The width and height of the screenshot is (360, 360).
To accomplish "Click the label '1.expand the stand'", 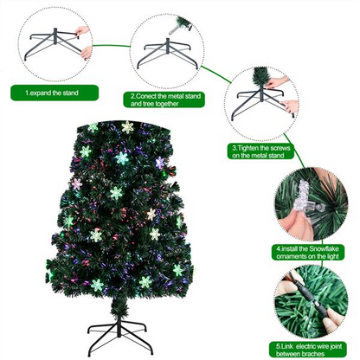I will [x=55, y=92].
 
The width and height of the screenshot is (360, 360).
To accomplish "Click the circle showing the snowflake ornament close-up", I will [x=312, y=204].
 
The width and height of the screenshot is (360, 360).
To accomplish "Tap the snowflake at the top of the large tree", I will [x=128, y=127].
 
